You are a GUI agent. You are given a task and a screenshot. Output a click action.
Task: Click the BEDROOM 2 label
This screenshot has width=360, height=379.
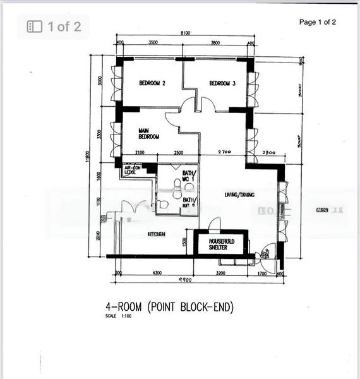pyautogui.click(x=152, y=83)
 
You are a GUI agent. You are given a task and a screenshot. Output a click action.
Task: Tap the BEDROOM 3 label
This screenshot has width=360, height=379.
pyautogui.click(x=222, y=83)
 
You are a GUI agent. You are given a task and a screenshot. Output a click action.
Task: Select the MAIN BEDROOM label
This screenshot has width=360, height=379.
pyautogui.click(x=148, y=133)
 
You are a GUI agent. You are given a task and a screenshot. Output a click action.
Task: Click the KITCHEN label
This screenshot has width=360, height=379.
pyautogui.click(x=157, y=234)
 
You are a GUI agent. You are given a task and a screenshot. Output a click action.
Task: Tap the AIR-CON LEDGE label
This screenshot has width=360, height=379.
pyautogui.click(x=131, y=169)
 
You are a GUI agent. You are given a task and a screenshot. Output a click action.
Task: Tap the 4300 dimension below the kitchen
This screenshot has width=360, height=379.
pyautogui.click(x=157, y=273)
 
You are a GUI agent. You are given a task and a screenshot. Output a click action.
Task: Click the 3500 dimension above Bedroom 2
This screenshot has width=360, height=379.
pyautogui.click(x=153, y=44)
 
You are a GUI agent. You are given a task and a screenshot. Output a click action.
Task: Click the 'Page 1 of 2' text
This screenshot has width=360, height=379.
pyautogui.click(x=318, y=22)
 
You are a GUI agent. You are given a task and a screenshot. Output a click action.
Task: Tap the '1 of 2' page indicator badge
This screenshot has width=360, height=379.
pyautogui.click(x=54, y=27)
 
